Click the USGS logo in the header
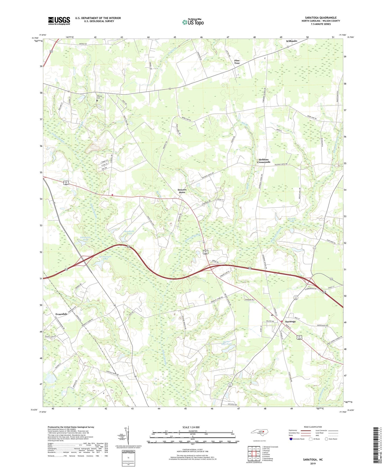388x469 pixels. point(59,21)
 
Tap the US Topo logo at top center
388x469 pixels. point(193,22)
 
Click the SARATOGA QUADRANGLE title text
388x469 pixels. point(321,18)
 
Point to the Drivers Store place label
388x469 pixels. point(182,191)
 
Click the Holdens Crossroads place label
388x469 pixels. point(264,161)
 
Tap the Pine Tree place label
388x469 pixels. point(237,62)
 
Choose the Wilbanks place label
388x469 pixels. point(291,41)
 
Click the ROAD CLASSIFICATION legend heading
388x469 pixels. point(313,427)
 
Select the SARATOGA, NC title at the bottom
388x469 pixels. point(313,460)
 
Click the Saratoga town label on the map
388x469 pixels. point(290,322)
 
